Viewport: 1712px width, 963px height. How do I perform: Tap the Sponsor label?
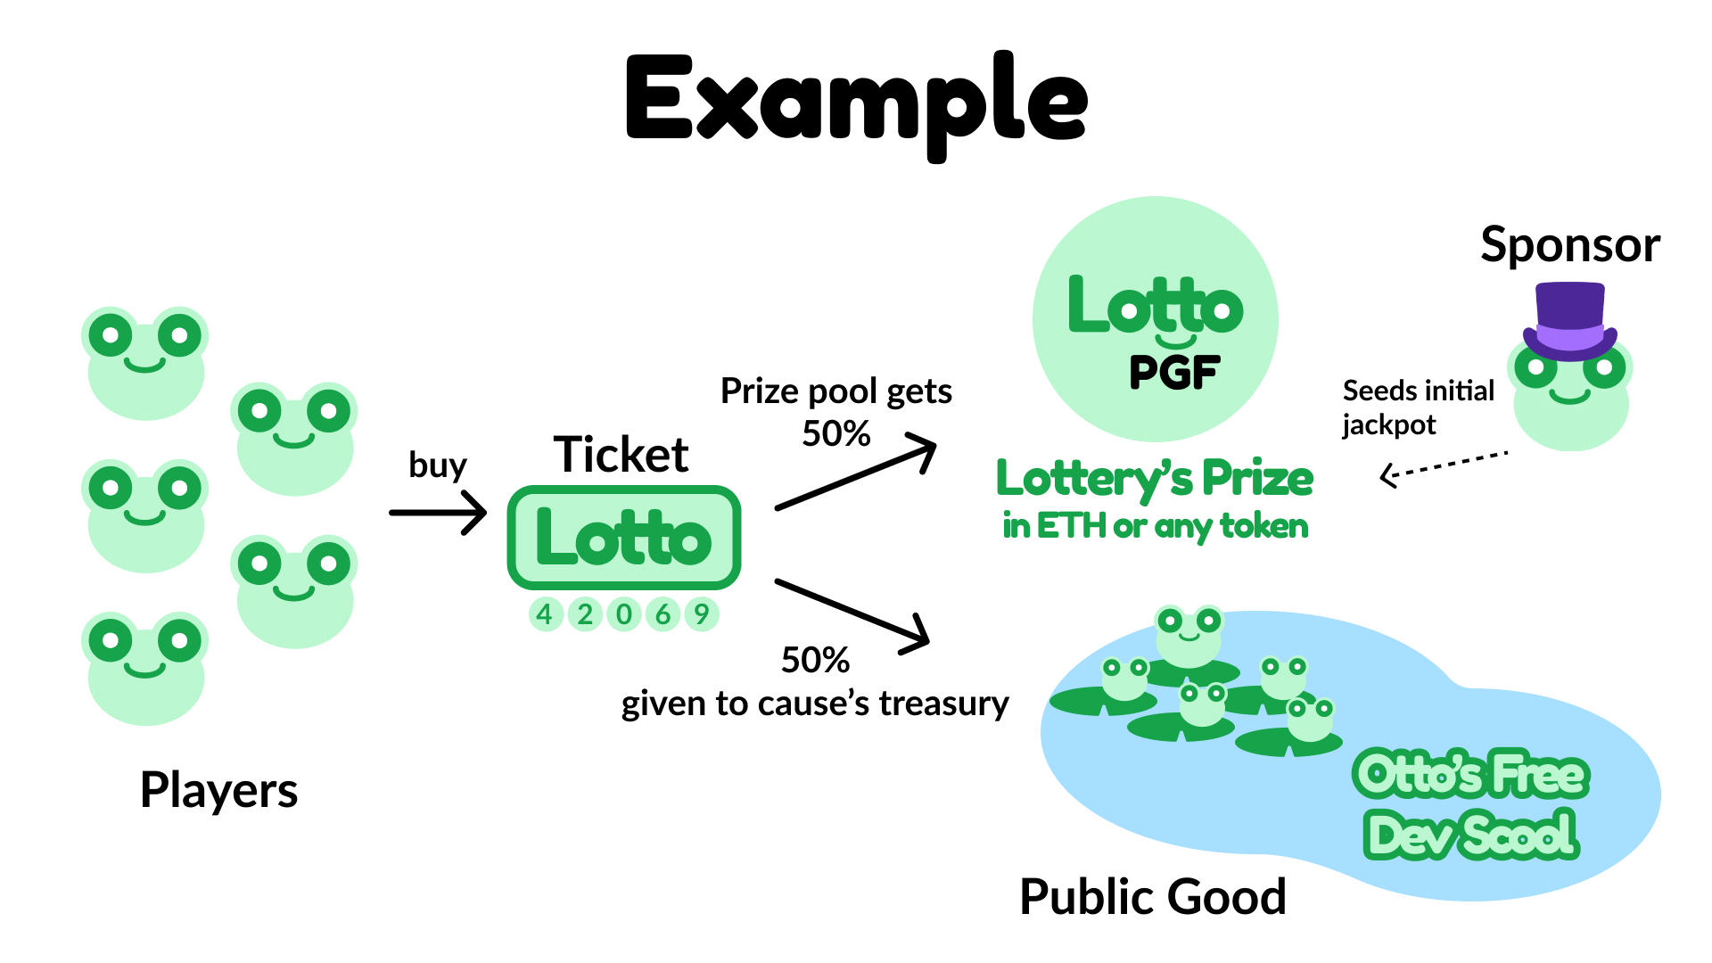coord(1569,245)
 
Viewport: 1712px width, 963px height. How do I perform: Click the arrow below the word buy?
coord(438,512)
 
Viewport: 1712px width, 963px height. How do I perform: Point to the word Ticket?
coord(621,455)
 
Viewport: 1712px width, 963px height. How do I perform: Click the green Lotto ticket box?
coord(624,538)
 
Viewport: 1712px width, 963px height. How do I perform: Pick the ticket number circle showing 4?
coord(545,614)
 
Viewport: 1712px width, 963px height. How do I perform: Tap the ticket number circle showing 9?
coord(702,614)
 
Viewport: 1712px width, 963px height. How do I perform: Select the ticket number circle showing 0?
coord(624,614)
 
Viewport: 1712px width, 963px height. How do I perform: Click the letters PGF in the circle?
coord(1173,373)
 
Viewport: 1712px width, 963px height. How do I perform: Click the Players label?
coord(219,790)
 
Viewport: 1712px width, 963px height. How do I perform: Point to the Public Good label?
coord(1152,897)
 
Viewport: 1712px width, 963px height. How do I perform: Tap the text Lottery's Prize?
coord(1155,479)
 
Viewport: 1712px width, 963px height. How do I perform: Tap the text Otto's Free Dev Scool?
coord(1471,804)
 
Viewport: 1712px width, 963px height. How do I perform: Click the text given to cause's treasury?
coord(815,704)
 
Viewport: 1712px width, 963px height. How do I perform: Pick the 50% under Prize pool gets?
coord(836,434)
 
